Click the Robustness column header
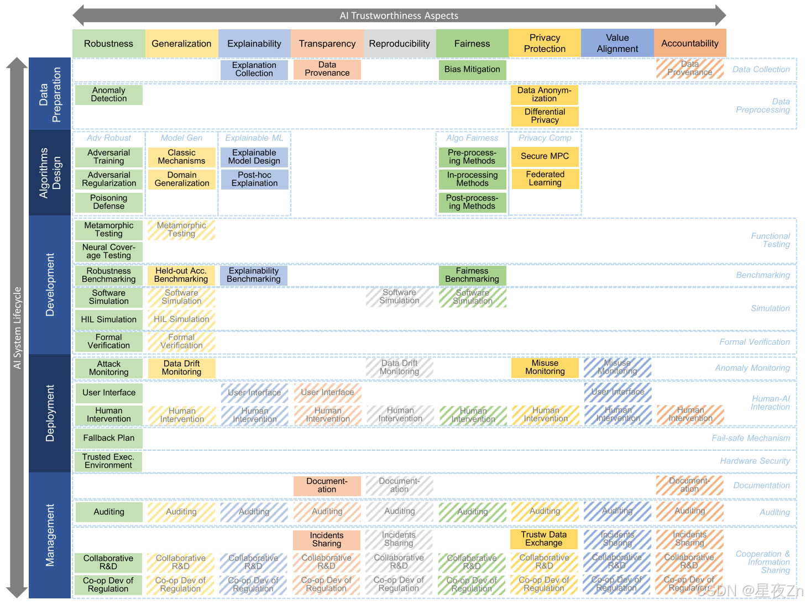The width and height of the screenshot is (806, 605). (x=108, y=44)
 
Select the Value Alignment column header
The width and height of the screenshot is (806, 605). (x=617, y=43)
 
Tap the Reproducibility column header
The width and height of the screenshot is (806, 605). (x=399, y=44)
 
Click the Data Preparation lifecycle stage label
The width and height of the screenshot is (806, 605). (x=50, y=94)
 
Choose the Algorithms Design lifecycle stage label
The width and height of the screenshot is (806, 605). (x=50, y=172)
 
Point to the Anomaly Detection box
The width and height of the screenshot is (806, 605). (x=109, y=94)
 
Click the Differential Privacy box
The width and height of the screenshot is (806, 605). (x=545, y=116)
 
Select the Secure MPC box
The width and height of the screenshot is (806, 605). (x=545, y=156)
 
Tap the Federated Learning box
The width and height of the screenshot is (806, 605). (x=545, y=178)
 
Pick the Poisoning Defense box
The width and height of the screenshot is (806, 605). (x=109, y=202)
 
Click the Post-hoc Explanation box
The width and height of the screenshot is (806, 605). (x=254, y=179)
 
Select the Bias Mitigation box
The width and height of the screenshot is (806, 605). (x=472, y=70)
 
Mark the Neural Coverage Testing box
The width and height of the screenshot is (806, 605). (x=109, y=251)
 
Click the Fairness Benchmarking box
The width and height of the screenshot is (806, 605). (x=472, y=275)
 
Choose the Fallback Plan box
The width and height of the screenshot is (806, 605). (x=109, y=438)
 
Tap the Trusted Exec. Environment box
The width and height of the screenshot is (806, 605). (x=108, y=461)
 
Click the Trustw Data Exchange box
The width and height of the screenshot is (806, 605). (x=544, y=539)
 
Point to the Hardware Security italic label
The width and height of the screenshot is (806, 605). (x=755, y=461)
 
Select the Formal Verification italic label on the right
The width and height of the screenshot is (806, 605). (x=754, y=342)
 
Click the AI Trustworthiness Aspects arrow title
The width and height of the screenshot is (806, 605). (x=399, y=15)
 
